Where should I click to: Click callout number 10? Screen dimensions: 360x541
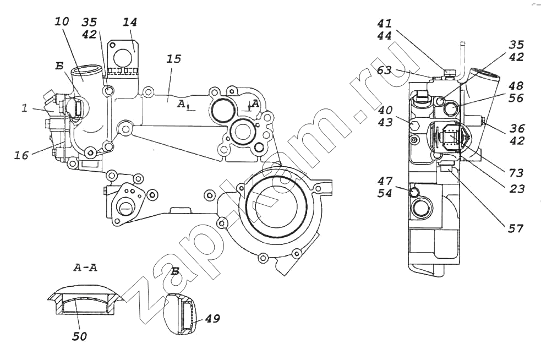click(62, 23)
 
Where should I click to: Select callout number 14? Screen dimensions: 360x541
click(130, 23)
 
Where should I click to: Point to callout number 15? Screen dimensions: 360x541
click(174, 58)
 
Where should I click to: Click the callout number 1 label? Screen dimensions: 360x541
click(24, 109)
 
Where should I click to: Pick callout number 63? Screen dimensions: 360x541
click(385, 70)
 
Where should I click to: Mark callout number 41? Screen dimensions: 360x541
click(385, 24)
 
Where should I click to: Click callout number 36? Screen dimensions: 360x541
click(517, 128)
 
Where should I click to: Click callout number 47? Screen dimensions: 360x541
click(385, 180)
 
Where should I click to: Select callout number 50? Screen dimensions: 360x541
click(79, 335)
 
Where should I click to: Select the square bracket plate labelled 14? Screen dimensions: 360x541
click(124, 54)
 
